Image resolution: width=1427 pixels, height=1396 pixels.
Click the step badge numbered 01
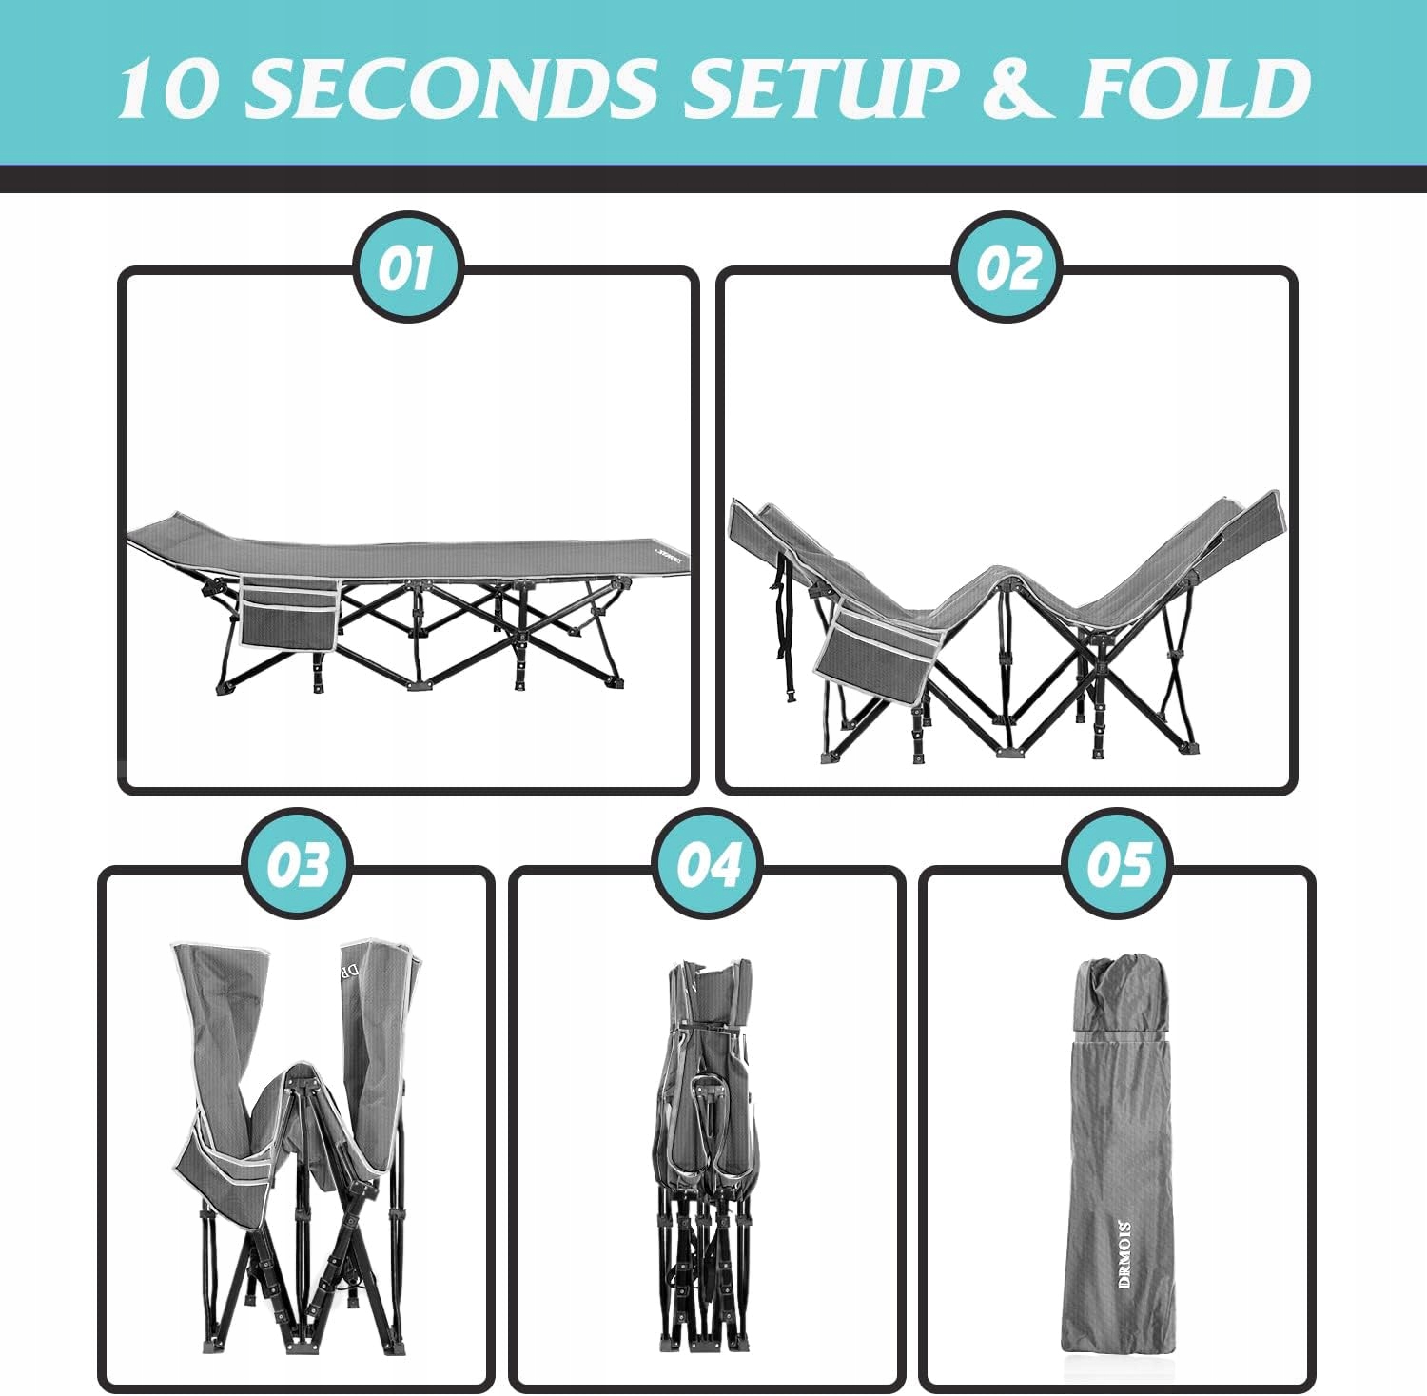(x=407, y=267)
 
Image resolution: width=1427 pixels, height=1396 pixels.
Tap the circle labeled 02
(x=1007, y=267)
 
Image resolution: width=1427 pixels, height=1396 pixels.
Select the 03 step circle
(x=298, y=863)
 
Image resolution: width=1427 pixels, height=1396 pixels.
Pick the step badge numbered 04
(x=708, y=863)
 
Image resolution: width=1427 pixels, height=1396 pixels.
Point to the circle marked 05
(x=1117, y=863)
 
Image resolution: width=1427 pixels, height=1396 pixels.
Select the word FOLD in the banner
(x=1194, y=88)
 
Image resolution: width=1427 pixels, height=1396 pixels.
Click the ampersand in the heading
(x=1018, y=88)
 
